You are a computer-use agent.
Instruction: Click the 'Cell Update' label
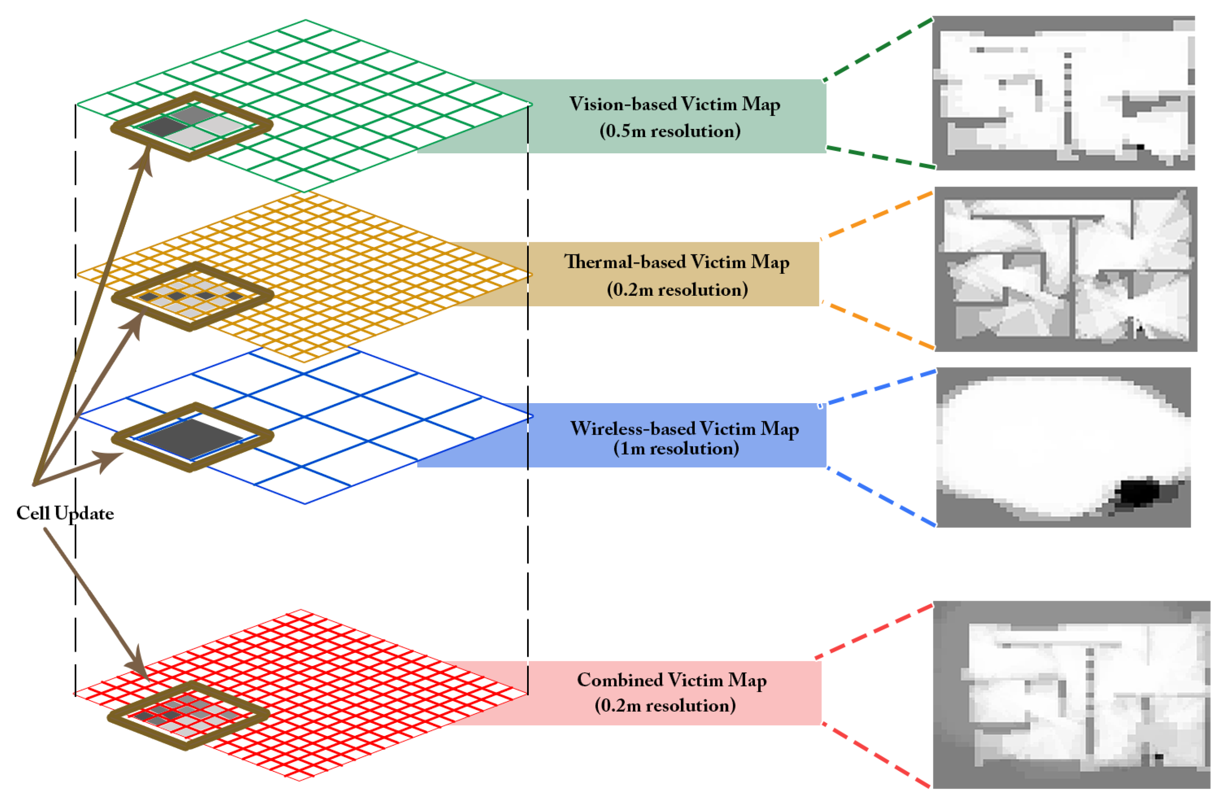pos(65,513)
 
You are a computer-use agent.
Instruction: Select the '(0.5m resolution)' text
pos(670,131)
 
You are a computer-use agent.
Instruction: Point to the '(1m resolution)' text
pos(676,449)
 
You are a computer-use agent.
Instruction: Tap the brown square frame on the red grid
pos(117,718)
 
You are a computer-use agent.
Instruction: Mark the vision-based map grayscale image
pos(1064,93)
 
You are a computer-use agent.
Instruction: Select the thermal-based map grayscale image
pos(1066,269)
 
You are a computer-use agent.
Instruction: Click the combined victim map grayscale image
pos(1071,694)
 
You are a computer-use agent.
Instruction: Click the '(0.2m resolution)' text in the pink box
pos(665,706)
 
